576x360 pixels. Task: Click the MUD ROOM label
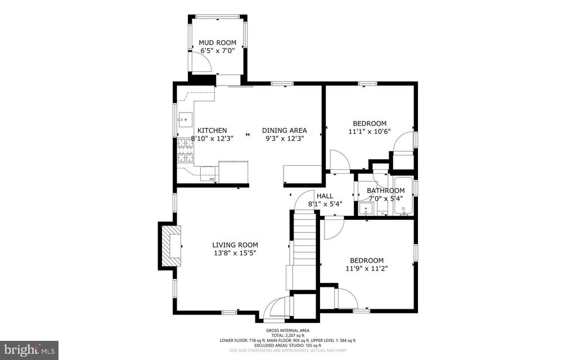[218, 43]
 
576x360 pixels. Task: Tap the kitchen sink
[184, 119]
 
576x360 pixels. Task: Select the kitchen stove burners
[186, 150]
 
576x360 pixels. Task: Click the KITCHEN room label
[212, 130]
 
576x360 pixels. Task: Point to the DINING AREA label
[284, 130]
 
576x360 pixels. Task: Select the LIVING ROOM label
[235, 245]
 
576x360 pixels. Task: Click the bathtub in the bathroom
[403, 196]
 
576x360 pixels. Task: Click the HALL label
[325, 196]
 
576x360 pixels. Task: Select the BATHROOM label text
[386, 191]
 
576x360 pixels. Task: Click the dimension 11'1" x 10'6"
[370, 132]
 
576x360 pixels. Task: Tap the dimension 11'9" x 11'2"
[367, 268]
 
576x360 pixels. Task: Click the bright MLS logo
[29, 350]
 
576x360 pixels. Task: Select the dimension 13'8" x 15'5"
[235, 253]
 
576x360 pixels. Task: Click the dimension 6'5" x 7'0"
[218, 51]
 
